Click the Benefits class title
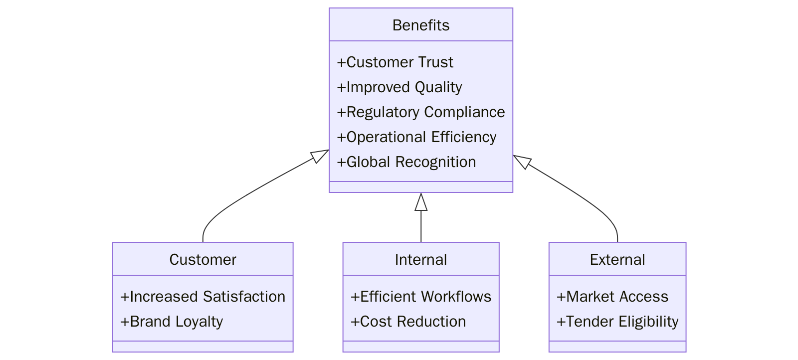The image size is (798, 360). pos(420,25)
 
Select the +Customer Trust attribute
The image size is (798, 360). pos(395,62)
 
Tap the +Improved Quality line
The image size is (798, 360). pos(399,87)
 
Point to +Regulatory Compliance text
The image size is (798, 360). pos(420,112)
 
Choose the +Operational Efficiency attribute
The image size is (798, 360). pos(416,137)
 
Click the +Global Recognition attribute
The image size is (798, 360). pos(406,162)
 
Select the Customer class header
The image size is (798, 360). pos(202,259)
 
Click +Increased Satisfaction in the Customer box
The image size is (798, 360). pos(202,297)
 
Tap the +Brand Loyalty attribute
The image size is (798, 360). pos(171,322)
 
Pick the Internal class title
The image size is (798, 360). pos(420,259)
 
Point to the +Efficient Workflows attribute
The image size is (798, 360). pos(420,297)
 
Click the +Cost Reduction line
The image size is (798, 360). pos(407,322)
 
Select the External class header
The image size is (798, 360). pos(617,259)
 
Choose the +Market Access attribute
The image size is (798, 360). pos(612,297)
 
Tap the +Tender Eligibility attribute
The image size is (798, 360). pos(617,322)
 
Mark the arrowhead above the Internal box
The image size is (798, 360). pos(421,202)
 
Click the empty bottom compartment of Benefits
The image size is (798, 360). pos(420,187)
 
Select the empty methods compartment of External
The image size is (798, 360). pos(617,347)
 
